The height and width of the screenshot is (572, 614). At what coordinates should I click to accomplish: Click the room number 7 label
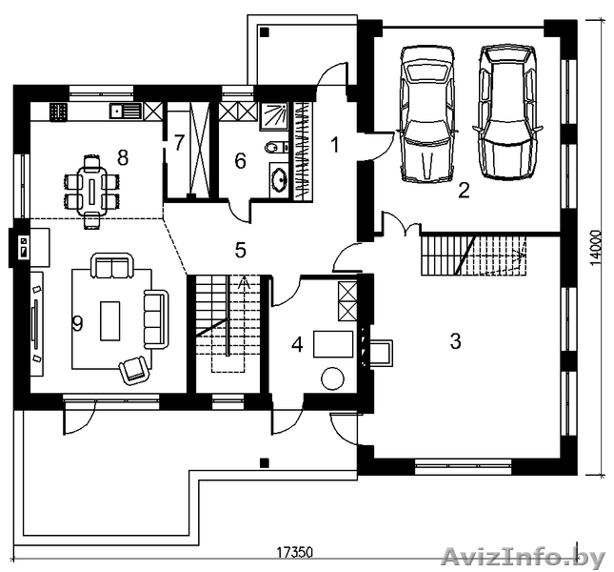pos(179,143)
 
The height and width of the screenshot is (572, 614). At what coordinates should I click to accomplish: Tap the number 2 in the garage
pos(464,191)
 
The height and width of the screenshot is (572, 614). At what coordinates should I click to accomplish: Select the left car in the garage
pos(426,113)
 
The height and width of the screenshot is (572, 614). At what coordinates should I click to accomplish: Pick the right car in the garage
pos(507,112)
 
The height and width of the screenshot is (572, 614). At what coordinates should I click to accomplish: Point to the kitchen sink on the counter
pos(126,111)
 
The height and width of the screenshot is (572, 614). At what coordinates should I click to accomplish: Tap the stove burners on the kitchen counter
pos(58,111)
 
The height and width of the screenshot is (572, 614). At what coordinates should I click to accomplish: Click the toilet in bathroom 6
pos(274,148)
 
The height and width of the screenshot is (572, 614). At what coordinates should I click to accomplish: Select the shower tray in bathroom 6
pos(274,116)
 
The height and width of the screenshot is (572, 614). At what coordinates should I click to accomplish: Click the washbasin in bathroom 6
pos(279,180)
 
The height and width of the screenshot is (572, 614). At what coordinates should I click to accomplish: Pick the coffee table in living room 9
pos(110,320)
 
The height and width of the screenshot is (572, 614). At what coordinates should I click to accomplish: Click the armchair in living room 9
pos(134,370)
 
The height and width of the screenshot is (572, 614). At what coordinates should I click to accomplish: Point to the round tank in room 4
pos(332,378)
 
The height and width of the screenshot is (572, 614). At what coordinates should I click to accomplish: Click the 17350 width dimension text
pos(295,553)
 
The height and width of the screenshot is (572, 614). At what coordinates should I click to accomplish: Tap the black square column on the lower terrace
pos(265,463)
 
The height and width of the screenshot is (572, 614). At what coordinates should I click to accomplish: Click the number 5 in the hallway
pos(241,250)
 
